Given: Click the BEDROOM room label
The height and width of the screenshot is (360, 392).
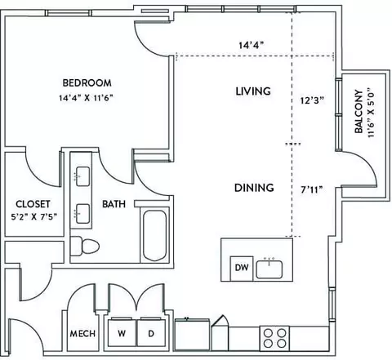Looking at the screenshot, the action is (x=87, y=82).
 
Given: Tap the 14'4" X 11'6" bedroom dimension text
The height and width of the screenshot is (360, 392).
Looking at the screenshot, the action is (x=86, y=98).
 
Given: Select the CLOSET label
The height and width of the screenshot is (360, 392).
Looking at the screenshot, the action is (x=33, y=204).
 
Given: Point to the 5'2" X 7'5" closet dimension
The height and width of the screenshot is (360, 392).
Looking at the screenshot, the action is (x=34, y=217).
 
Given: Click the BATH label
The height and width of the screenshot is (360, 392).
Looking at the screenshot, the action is (x=114, y=204).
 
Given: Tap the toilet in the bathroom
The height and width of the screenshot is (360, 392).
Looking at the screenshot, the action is (x=85, y=247).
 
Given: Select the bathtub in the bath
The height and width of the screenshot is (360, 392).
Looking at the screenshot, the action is (x=154, y=235).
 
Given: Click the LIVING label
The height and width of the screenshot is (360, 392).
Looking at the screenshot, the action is (x=253, y=91).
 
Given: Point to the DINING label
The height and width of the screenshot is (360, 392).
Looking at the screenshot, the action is (x=254, y=188).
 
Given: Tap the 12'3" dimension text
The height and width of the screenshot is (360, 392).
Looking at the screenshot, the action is (x=313, y=100).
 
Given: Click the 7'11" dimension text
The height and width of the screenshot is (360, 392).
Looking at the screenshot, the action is (x=312, y=189).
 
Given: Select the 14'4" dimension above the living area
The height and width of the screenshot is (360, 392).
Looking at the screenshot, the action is (x=252, y=45).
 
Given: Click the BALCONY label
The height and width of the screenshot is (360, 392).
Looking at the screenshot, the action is (x=359, y=112).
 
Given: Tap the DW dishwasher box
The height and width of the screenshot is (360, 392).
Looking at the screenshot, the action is (x=242, y=269).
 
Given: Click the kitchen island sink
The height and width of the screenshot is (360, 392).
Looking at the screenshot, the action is (x=269, y=269).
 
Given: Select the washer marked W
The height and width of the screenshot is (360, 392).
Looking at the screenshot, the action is (x=122, y=332).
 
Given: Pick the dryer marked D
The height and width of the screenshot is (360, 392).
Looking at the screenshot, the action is (x=151, y=332).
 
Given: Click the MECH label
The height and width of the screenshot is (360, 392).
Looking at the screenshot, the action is (x=82, y=334).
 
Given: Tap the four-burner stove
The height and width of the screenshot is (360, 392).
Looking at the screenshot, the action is (x=274, y=338).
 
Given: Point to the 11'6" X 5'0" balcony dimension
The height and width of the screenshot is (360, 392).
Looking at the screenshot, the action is (x=372, y=112).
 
